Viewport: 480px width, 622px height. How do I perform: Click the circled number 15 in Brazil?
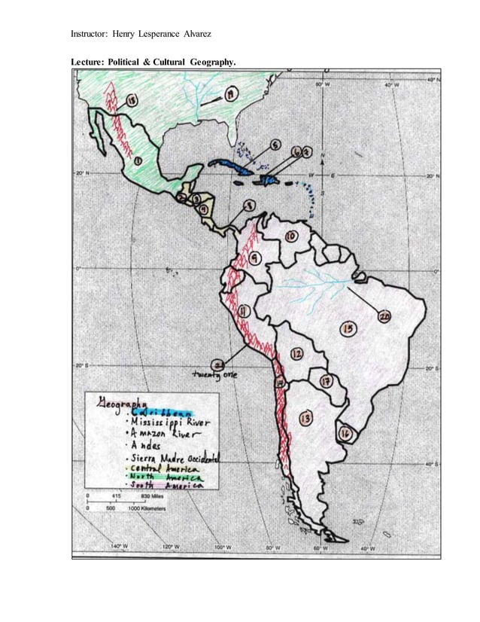[348, 328]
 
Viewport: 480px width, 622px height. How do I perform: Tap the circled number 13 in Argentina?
[305, 419]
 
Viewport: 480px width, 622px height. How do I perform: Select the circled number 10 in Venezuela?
[290, 236]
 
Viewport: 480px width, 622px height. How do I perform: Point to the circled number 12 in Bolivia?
[297, 353]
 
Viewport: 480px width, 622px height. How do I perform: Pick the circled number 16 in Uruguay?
[345, 434]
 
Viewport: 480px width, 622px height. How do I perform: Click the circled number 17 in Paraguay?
[327, 382]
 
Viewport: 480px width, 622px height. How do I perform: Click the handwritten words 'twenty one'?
[216, 374]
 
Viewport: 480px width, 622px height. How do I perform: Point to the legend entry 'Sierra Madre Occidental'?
[175, 457]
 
